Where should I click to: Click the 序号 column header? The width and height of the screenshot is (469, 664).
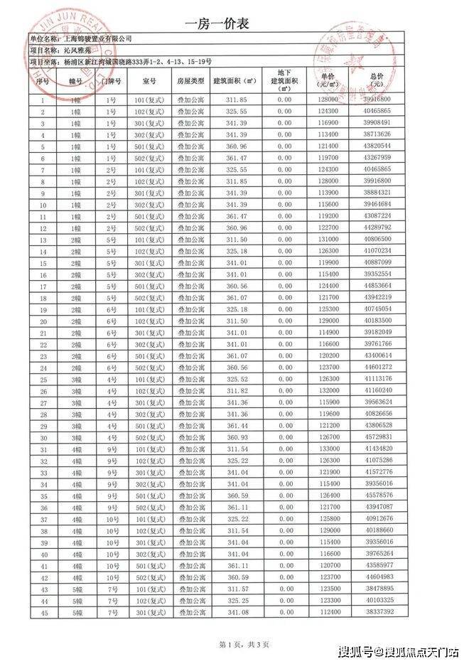42,81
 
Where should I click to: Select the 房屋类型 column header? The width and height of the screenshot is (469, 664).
190,81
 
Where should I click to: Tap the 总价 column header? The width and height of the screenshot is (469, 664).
377,80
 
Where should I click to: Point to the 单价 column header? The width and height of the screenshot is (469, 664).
328,80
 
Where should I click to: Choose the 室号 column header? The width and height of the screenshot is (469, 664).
149,81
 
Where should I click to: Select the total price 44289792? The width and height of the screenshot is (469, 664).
377,227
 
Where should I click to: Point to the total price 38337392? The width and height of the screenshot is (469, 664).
377,611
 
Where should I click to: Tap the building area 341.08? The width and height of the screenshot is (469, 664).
235,611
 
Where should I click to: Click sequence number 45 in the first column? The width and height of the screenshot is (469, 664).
42,611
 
